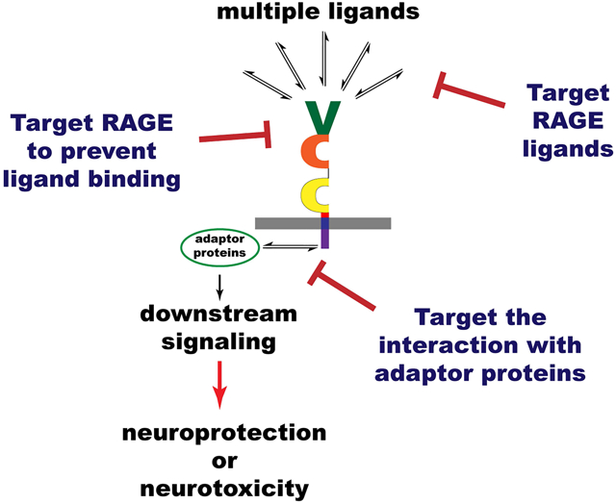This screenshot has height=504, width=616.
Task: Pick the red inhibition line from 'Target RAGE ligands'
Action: coord(469,90)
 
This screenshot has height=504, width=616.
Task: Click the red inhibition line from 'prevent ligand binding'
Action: coord(236,137)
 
